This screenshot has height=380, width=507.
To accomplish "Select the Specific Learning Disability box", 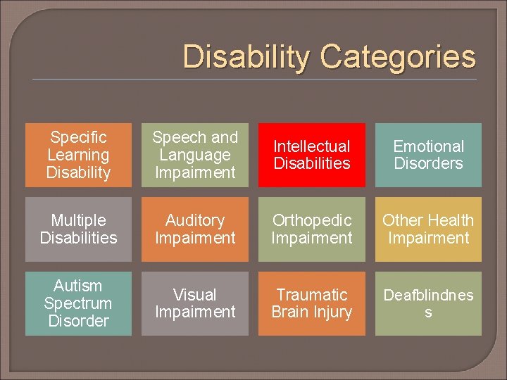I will [x=78, y=155].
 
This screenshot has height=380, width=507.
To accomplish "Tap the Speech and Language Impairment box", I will [x=195, y=155].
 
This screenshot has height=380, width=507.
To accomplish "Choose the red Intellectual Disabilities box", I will [x=312, y=155].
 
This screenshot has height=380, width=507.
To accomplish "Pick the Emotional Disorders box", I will [x=428, y=155].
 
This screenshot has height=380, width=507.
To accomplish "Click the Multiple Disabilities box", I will [x=78, y=229].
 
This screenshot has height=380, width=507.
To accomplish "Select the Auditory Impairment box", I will [x=195, y=229].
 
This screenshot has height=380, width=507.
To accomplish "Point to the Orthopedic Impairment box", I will [x=312, y=229].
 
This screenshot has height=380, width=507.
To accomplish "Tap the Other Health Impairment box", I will [x=428, y=229].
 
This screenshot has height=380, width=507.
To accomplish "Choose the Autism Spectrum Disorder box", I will [x=78, y=303].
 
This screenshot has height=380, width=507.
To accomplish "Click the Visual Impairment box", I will [x=195, y=303].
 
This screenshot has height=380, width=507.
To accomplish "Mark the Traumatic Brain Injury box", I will [x=312, y=303].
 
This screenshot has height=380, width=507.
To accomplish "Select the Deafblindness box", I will [x=428, y=303].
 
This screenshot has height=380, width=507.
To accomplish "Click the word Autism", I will [x=78, y=286].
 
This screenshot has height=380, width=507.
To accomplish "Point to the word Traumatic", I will [x=312, y=295].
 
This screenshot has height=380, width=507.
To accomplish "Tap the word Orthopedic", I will [x=312, y=220].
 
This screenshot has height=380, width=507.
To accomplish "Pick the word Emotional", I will [x=428, y=146].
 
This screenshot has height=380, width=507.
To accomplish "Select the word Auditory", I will [x=195, y=220].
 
